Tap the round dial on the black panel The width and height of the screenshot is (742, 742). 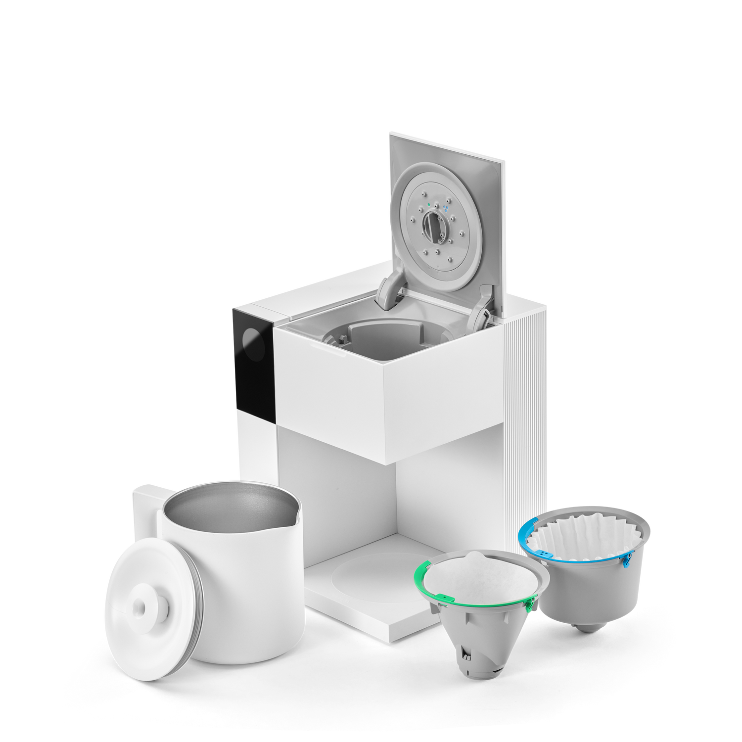coord(253,345)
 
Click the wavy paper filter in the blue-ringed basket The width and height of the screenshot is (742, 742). coord(586,534)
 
